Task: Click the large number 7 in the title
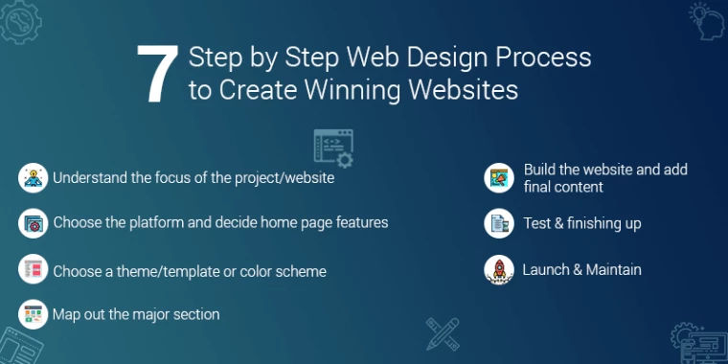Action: (x=156, y=74)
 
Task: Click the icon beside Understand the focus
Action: (x=33, y=177)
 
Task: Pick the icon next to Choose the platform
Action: (x=33, y=223)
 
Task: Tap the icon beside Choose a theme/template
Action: (x=33, y=270)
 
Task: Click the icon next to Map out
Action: (x=33, y=313)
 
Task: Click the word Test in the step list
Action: (x=536, y=223)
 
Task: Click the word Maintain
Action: (x=608, y=270)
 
